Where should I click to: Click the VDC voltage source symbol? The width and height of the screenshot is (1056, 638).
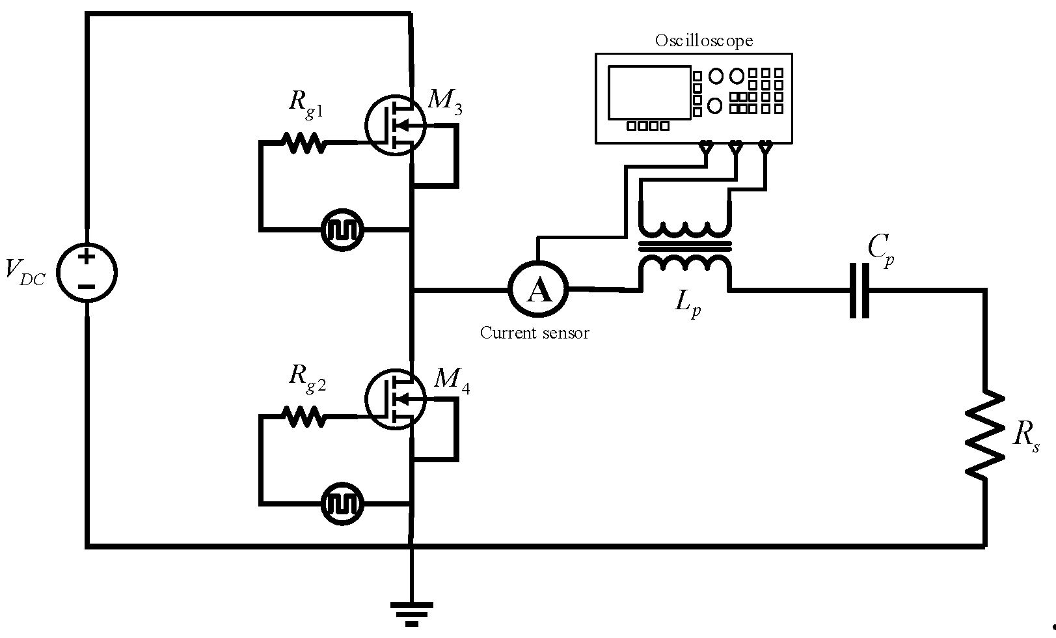tap(87, 272)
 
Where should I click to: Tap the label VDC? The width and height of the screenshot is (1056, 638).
tap(25, 271)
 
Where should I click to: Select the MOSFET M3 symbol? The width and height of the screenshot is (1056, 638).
tap(394, 125)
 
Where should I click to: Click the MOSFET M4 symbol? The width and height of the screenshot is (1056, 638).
tap(394, 398)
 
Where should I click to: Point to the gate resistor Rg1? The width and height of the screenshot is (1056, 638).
tap(303, 141)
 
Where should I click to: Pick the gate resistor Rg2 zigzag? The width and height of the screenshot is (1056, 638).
tap(303, 415)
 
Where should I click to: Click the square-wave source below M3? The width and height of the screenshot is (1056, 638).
tap(343, 230)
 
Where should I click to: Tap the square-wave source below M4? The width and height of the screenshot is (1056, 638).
tap(343, 503)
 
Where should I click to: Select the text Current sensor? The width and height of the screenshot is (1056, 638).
tap(534, 333)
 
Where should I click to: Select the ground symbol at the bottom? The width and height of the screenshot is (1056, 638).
tap(411, 612)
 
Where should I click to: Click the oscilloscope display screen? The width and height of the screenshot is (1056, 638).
tap(648, 92)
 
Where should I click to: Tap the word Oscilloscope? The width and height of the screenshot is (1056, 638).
tap(703, 40)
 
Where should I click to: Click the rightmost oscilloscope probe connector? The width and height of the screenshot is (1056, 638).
tap(765, 147)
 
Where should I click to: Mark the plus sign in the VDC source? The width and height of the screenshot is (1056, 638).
tap(87, 257)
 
